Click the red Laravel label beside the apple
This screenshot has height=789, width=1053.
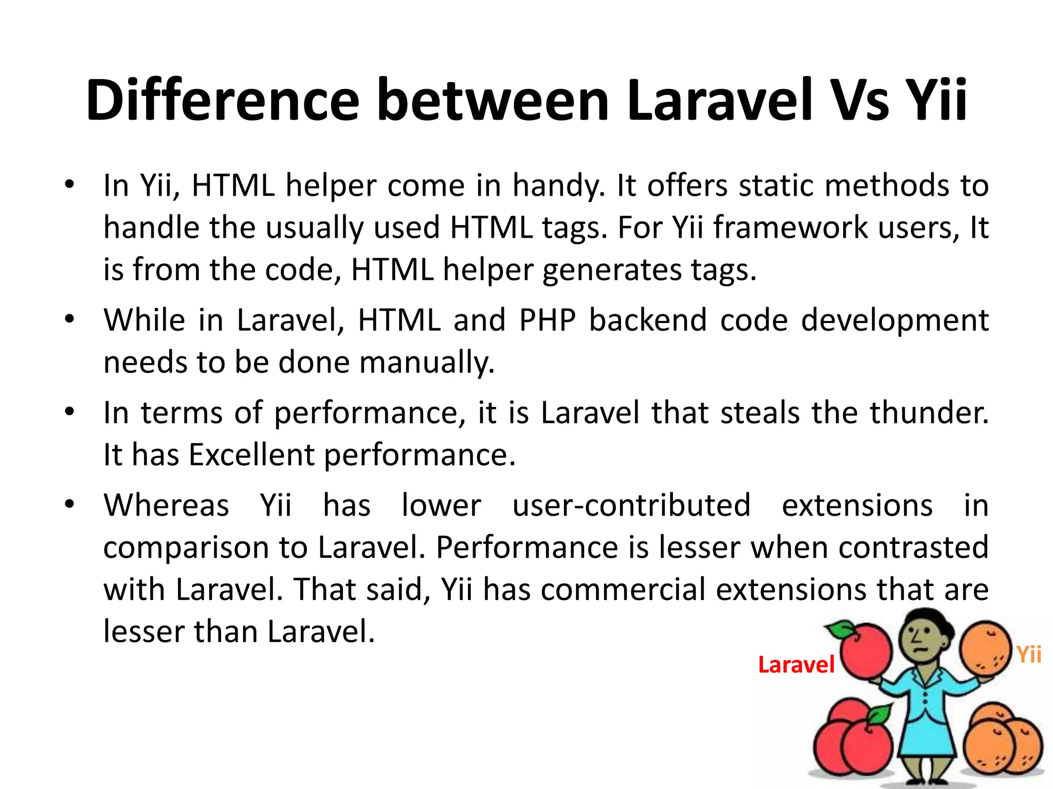pyautogui.click(x=796, y=665)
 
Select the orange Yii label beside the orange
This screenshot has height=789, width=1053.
pyautogui.click(x=1029, y=654)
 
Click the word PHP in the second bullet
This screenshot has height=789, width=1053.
pyautogui.click(x=547, y=320)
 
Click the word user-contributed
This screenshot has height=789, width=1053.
pyautogui.click(x=631, y=505)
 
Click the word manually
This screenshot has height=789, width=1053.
pyautogui.click(x=426, y=363)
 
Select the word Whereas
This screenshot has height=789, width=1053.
pyautogui.click(x=166, y=505)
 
